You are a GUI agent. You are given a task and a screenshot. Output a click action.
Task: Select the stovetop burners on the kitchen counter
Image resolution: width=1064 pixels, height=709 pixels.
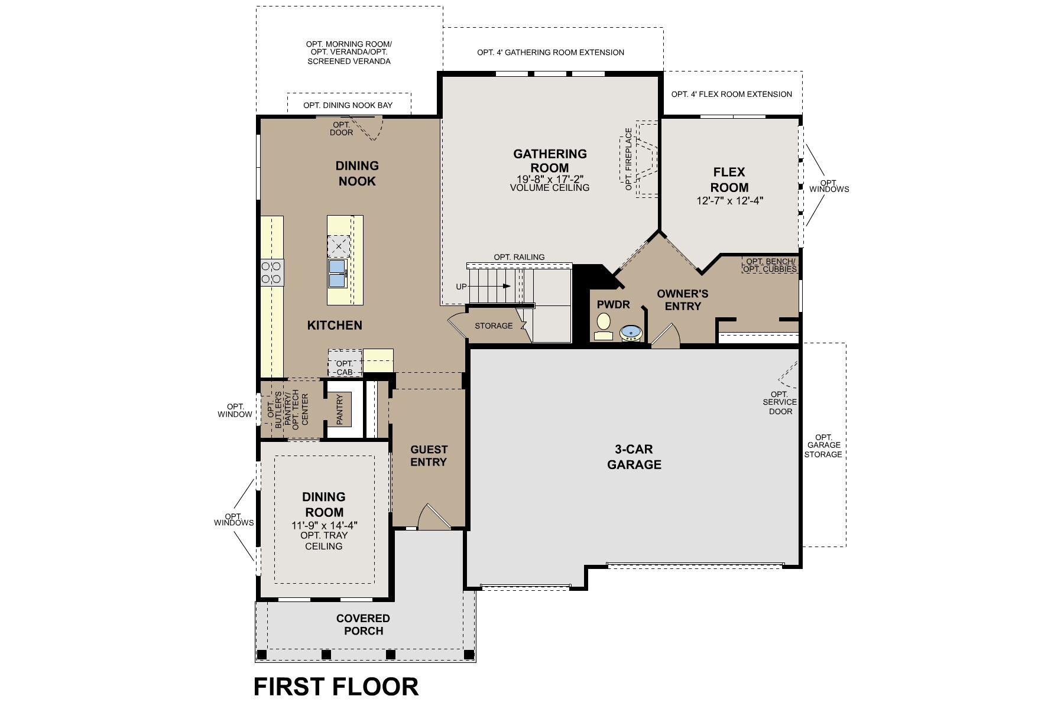271,273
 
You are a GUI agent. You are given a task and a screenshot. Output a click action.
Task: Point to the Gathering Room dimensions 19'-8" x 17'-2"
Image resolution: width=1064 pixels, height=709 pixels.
550,178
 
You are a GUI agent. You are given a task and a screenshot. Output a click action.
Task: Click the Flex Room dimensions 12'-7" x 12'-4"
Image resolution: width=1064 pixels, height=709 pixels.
729,201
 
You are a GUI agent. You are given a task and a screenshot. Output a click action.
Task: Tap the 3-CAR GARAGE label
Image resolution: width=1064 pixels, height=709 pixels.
634,457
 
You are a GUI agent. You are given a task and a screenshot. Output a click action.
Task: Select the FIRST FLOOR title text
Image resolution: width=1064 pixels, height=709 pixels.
336,687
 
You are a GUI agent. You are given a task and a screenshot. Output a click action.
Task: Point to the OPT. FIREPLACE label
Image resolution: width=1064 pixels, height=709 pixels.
628,159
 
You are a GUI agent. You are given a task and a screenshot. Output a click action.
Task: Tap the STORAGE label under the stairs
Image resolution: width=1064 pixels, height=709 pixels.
494,326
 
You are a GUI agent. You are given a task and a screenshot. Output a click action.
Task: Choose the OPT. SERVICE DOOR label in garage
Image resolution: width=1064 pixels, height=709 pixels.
780,402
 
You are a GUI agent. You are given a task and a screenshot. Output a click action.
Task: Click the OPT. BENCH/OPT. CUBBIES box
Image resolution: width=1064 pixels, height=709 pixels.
770,265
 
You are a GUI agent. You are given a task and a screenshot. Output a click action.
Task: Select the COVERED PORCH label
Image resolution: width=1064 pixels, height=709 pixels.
363,625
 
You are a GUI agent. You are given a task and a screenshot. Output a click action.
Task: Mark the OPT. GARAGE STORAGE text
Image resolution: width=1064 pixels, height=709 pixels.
823,445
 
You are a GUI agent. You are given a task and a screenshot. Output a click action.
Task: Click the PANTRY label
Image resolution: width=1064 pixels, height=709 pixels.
340,409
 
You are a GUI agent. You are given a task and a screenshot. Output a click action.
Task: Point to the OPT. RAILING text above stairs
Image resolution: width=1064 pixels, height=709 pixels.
519,257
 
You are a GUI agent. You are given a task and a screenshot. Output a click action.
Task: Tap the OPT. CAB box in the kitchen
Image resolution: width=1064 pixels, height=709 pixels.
345,367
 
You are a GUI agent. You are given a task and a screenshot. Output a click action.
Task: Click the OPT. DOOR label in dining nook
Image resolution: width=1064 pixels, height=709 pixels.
342,128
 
